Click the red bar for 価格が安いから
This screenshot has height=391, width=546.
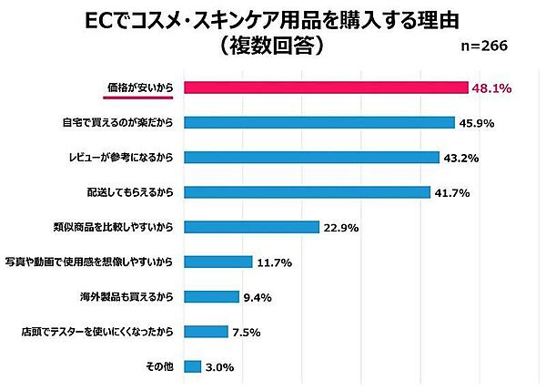[x=326, y=87]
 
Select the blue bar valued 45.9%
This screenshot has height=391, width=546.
[x=319, y=122]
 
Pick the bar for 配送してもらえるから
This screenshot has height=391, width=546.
[x=307, y=191]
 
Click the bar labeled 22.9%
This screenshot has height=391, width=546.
[x=251, y=227]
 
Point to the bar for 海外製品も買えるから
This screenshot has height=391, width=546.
[x=211, y=296]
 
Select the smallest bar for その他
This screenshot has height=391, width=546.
[x=192, y=366]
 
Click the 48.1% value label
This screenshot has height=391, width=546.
[x=492, y=88]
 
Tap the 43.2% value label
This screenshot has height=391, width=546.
[x=461, y=158]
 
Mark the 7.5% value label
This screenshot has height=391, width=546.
[x=246, y=332]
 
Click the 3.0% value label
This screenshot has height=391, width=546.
[x=221, y=367]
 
